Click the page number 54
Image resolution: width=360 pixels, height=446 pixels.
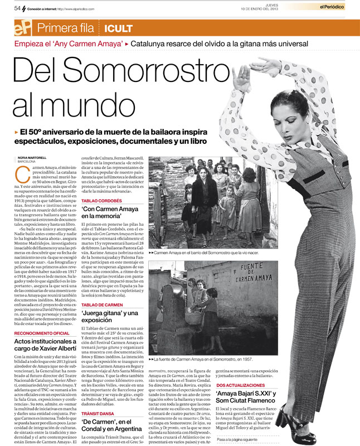click(17, 8)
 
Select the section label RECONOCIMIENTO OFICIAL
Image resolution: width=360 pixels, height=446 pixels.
click(42, 333)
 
